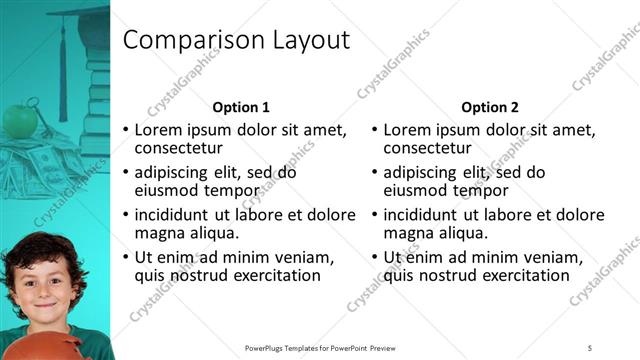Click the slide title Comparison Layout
[235, 40]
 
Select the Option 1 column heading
[241, 107]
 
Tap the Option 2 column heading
[489, 107]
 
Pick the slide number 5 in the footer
[590, 348]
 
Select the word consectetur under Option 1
[181, 149]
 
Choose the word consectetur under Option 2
[430, 149]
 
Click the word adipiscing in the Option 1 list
[173, 172]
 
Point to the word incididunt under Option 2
[426, 214]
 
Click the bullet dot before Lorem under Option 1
[125, 130]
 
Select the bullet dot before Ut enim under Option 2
[374, 257]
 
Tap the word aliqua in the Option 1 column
[212, 233]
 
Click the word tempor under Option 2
[484, 191]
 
